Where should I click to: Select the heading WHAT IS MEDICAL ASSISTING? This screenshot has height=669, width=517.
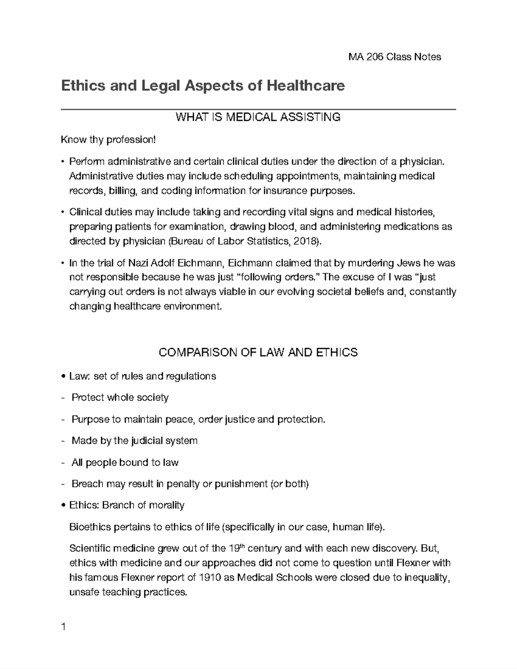(x=258, y=117)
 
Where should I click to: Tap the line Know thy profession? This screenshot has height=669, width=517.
(x=107, y=140)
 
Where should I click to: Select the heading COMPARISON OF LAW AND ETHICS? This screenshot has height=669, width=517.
(x=258, y=352)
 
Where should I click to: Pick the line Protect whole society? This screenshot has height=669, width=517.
(x=120, y=397)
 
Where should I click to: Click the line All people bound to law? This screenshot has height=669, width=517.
(x=125, y=462)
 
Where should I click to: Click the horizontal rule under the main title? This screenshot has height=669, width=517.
(x=258, y=109)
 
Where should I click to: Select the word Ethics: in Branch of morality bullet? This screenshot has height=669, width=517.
(x=84, y=505)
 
